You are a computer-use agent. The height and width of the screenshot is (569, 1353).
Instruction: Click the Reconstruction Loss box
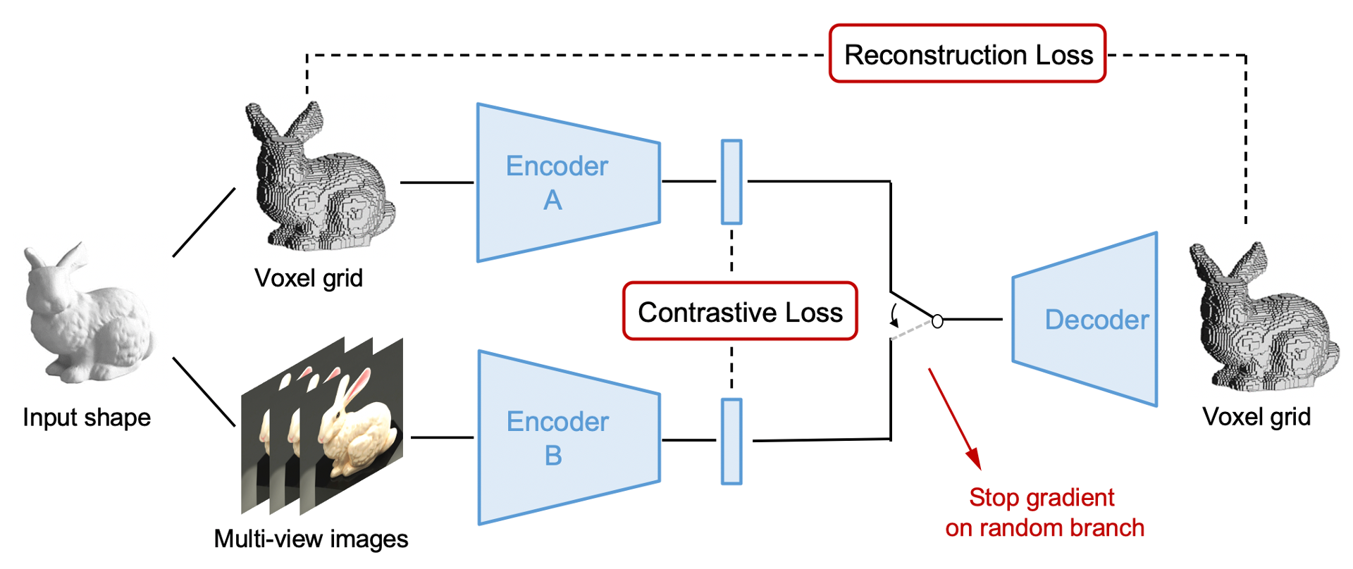pyautogui.click(x=968, y=54)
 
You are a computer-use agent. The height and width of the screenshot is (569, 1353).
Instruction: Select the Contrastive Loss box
pyautogui.click(x=740, y=311)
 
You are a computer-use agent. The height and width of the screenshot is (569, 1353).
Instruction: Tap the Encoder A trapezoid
pyautogui.click(x=569, y=183)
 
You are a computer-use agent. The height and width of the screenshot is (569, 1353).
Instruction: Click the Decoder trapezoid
pyautogui.click(x=1085, y=319)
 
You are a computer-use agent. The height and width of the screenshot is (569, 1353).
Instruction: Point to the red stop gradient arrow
pyautogui.click(x=955, y=419)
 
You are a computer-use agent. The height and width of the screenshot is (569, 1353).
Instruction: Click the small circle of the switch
pyautogui.click(x=937, y=321)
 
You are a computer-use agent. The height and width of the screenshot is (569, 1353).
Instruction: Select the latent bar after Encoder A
pyautogui.click(x=731, y=182)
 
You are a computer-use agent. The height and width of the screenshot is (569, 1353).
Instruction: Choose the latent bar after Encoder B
pyautogui.click(x=731, y=442)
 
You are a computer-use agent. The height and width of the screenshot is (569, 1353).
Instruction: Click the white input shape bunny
pyautogui.click(x=88, y=313)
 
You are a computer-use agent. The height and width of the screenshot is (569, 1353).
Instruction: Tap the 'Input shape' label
pyautogui.click(x=87, y=417)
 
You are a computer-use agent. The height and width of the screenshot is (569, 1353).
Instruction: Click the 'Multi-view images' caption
pyautogui.click(x=311, y=539)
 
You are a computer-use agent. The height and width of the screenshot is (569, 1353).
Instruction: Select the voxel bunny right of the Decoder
pyautogui.click(x=1264, y=317)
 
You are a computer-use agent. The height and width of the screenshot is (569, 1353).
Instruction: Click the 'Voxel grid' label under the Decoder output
pyautogui.click(x=1256, y=417)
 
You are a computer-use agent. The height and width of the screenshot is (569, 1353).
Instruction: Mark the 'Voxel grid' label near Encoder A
pyautogui.click(x=309, y=278)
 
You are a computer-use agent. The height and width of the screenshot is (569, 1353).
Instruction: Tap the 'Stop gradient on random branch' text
pyautogui.click(x=1044, y=513)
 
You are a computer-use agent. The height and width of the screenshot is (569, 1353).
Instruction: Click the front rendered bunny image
pyautogui.click(x=352, y=426)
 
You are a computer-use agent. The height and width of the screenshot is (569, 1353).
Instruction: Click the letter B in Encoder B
pyautogui.click(x=553, y=456)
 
